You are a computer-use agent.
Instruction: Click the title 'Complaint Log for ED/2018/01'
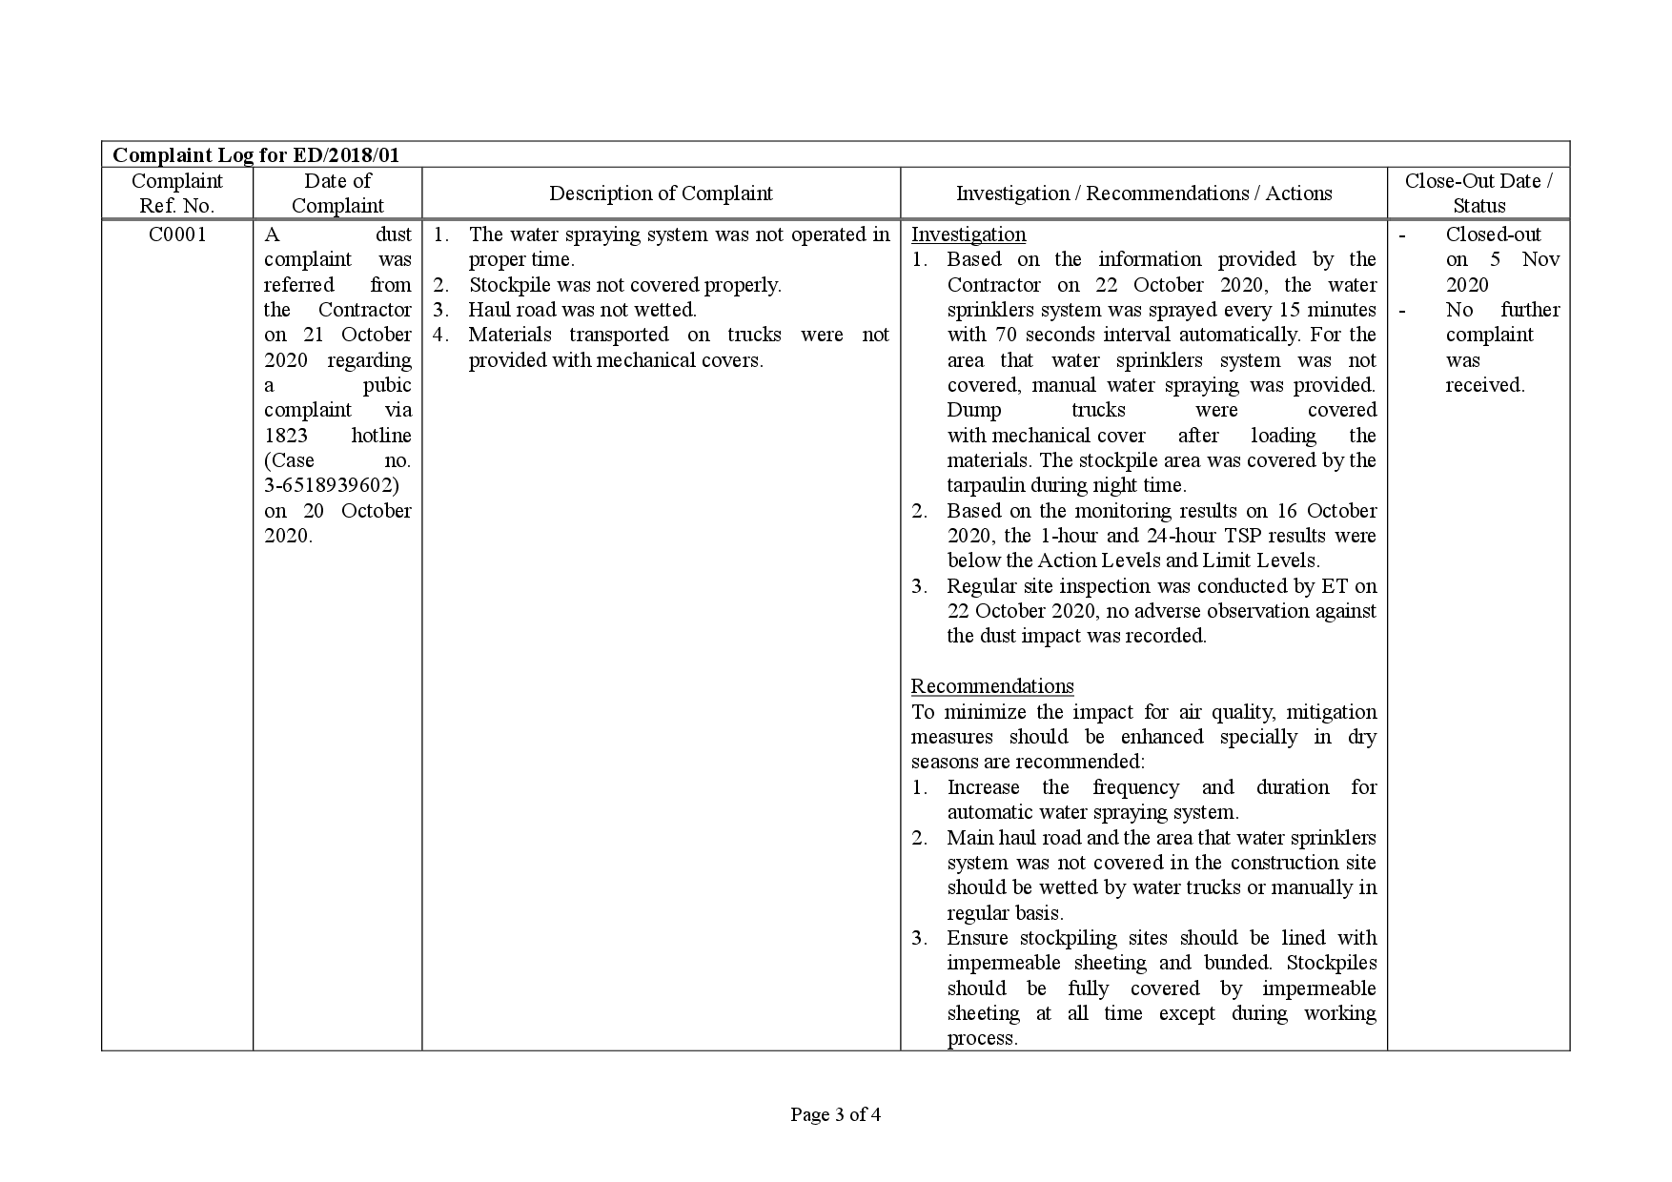pyautogui.click(x=269, y=154)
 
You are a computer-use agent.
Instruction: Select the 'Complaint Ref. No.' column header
pyautogui.click(x=177, y=194)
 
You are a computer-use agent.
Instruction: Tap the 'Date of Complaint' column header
pyautogui.click(x=337, y=194)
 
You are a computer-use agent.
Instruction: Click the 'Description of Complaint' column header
pyautogui.click(x=661, y=194)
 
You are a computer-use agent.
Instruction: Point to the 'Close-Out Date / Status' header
pyautogui.click(x=1478, y=194)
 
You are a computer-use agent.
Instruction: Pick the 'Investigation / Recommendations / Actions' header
pyautogui.click(x=1144, y=194)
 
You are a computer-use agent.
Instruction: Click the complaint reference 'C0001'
pyautogui.click(x=177, y=234)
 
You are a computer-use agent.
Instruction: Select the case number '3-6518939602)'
pyautogui.click(x=332, y=485)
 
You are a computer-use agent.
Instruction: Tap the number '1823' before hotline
pyautogui.click(x=286, y=436)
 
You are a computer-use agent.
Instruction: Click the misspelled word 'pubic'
pyautogui.click(x=387, y=385)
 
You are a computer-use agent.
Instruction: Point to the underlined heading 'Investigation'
pyautogui.click(x=969, y=234)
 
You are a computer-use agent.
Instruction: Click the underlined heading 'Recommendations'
pyautogui.click(x=992, y=686)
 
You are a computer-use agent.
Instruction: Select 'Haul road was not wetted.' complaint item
pyautogui.click(x=582, y=310)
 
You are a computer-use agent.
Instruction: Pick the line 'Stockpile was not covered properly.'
pyautogui.click(x=624, y=285)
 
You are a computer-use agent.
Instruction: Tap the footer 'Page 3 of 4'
pyautogui.click(x=835, y=1114)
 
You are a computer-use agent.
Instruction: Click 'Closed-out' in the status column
pyautogui.click(x=1493, y=234)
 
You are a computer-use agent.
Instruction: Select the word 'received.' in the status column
pyautogui.click(x=1485, y=385)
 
